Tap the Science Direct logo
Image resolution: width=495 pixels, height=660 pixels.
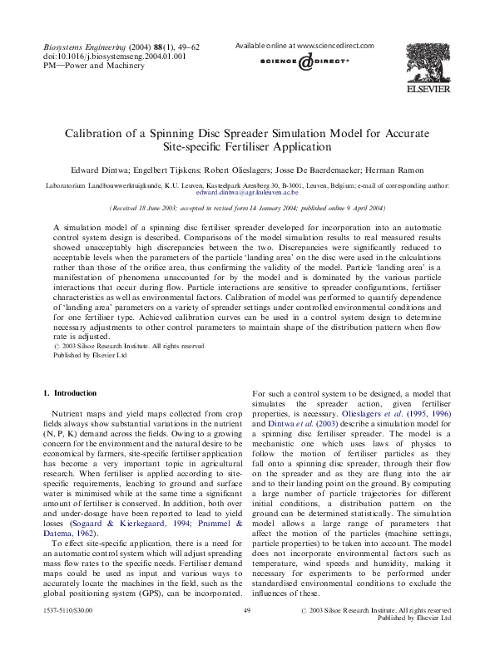pos(304,62)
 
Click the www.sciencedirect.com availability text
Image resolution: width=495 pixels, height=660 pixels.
pos(304,46)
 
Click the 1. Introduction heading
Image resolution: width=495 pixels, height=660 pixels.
pos(69,392)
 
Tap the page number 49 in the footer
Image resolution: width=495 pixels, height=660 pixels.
pos(247,611)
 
